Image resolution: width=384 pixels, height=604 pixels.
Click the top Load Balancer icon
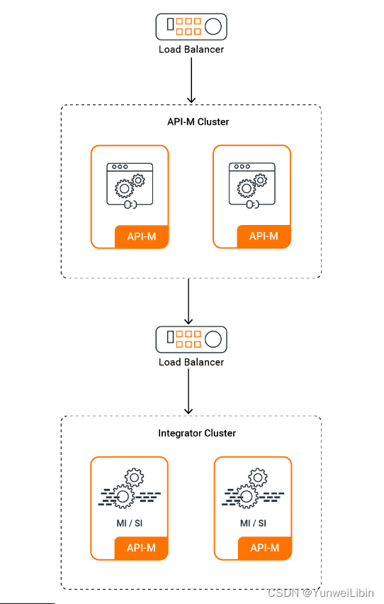(x=191, y=26)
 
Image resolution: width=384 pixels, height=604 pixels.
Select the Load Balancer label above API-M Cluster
(x=191, y=49)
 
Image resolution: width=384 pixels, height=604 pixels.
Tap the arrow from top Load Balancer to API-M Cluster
(x=191, y=80)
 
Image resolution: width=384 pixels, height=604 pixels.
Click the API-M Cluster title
(x=198, y=122)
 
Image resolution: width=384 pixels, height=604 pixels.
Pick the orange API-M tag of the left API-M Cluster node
(x=142, y=236)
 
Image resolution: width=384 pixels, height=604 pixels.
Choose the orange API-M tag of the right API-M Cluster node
(x=264, y=236)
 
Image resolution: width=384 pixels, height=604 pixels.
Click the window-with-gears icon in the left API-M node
(x=130, y=186)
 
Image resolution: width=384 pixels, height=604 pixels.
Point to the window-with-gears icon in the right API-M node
(x=252, y=185)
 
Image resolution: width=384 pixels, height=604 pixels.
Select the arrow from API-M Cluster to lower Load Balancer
(x=188, y=301)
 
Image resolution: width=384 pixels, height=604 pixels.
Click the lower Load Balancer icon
(x=191, y=339)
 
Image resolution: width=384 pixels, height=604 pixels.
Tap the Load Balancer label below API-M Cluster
(x=191, y=362)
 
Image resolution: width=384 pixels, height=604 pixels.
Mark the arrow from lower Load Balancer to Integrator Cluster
(x=188, y=391)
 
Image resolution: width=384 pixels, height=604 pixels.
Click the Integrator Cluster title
(x=197, y=434)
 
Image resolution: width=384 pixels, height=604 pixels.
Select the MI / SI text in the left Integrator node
(x=130, y=523)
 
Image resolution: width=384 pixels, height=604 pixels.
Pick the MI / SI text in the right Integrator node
(x=253, y=523)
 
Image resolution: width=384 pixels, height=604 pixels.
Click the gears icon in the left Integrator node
(x=130, y=488)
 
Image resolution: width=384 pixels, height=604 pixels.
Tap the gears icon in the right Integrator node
(x=254, y=488)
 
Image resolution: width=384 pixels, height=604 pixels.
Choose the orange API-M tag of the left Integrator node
(x=141, y=548)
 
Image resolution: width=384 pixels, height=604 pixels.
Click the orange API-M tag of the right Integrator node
(x=265, y=548)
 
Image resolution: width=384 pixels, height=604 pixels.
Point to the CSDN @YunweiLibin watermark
(x=320, y=593)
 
